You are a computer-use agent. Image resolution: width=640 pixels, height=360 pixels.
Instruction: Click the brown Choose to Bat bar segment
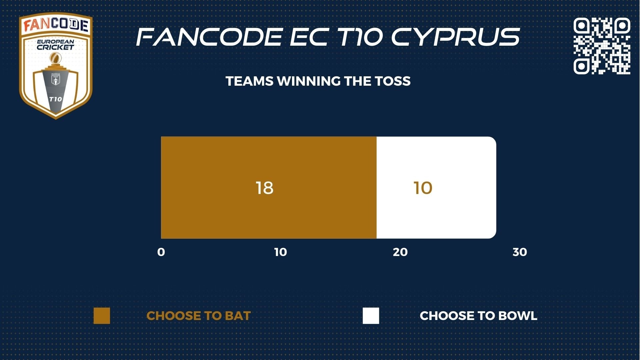[269, 188]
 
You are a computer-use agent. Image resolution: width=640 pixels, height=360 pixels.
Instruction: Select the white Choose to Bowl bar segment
[436, 188]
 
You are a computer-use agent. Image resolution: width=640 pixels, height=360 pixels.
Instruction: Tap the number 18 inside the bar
[265, 188]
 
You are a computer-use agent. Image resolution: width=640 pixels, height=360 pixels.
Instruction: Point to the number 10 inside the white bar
[423, 188]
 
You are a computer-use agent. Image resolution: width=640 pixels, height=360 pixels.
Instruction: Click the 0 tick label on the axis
[161, 252]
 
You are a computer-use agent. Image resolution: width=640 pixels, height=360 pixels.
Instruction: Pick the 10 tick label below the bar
[281, 252]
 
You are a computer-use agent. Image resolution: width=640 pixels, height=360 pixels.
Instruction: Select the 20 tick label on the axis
[400, 252]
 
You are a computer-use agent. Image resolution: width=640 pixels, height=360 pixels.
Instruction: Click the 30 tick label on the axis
[520, 252]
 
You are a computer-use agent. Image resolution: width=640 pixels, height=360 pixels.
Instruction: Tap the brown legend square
[102, 316]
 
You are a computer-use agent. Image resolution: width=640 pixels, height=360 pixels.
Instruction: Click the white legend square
[371, 316]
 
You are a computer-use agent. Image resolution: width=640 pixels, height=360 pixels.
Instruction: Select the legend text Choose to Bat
[199, 316]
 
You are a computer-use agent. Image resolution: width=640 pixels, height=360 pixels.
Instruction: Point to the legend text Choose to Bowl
[479, 316]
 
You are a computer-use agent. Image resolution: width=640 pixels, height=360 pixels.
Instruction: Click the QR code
[602, 46]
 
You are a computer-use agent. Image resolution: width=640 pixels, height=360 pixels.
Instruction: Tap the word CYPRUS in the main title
[456, 37]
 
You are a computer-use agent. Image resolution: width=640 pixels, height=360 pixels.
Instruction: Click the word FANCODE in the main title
[209, 37]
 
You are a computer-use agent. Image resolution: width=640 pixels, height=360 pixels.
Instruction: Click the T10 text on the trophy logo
[55, 99]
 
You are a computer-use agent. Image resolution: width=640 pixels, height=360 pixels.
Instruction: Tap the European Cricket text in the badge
[55, 45]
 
